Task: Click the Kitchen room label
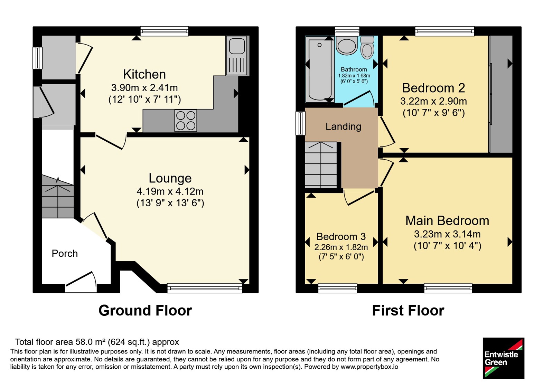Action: pyautogui.click(x=144, y=74)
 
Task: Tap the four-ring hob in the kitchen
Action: pyautogui.click(x=186, y=121)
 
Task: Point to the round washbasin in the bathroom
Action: pyautogui.click(x=347, y=46)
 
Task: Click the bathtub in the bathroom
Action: pyautogui.click(x=320, y=69)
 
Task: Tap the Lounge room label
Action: pyautogui.click(x=170, y=178)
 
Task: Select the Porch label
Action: pyautogui.click(x=65, y=254)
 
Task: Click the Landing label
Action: pyautogui.click(x=344, y=126)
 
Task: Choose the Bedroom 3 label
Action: pyautogui.click(x=341, y=236)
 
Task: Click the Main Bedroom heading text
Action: pyautogui.click(x=447, y=221)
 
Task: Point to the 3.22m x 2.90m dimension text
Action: pyautogui.click(x=433, y=101)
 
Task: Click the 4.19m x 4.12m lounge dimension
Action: pyautogui.click(x=170, y=191)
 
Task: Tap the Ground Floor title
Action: pyautogui.click(x=145, y=311)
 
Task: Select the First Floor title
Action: pyautogui.click(x=408, y=311)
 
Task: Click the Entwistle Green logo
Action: pyautogui.click(x=504, y=358)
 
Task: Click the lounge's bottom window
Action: pyautogui.click(x=205, y=288)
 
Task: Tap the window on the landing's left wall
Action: pyautogui.click(x=300, y=123)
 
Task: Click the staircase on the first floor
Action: pyautogui.click(x=321, y=165)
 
